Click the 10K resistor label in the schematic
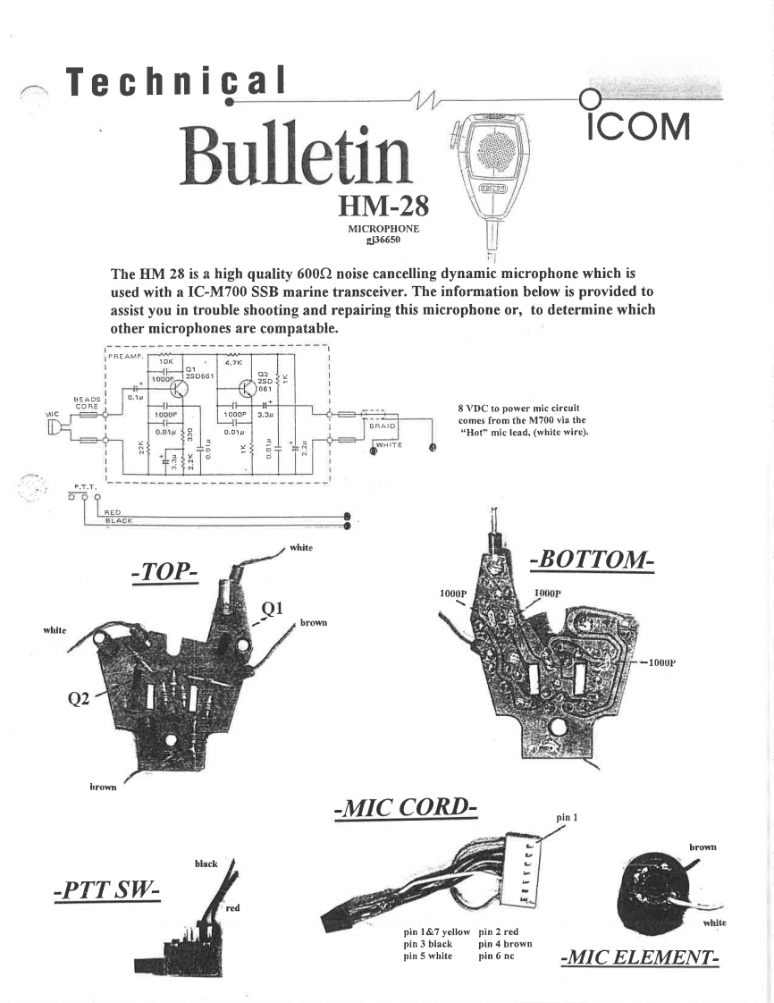pyautogui.click(x=166, y=361)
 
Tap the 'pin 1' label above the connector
pyautogui.click(x=568, y=817)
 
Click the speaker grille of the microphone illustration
pyautogui.click(x=493, y=149)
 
